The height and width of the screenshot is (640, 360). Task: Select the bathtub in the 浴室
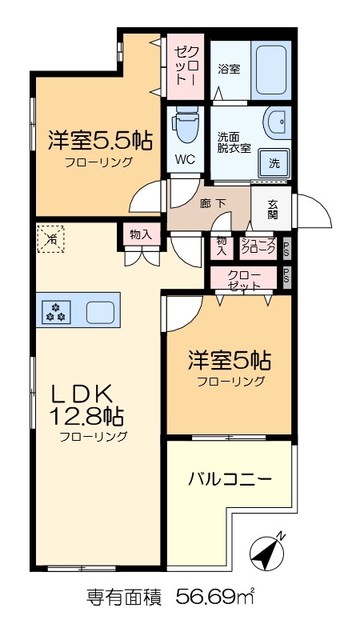click(x=270, y=68)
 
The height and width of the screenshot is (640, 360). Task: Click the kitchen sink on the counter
click(x=102, y=311)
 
